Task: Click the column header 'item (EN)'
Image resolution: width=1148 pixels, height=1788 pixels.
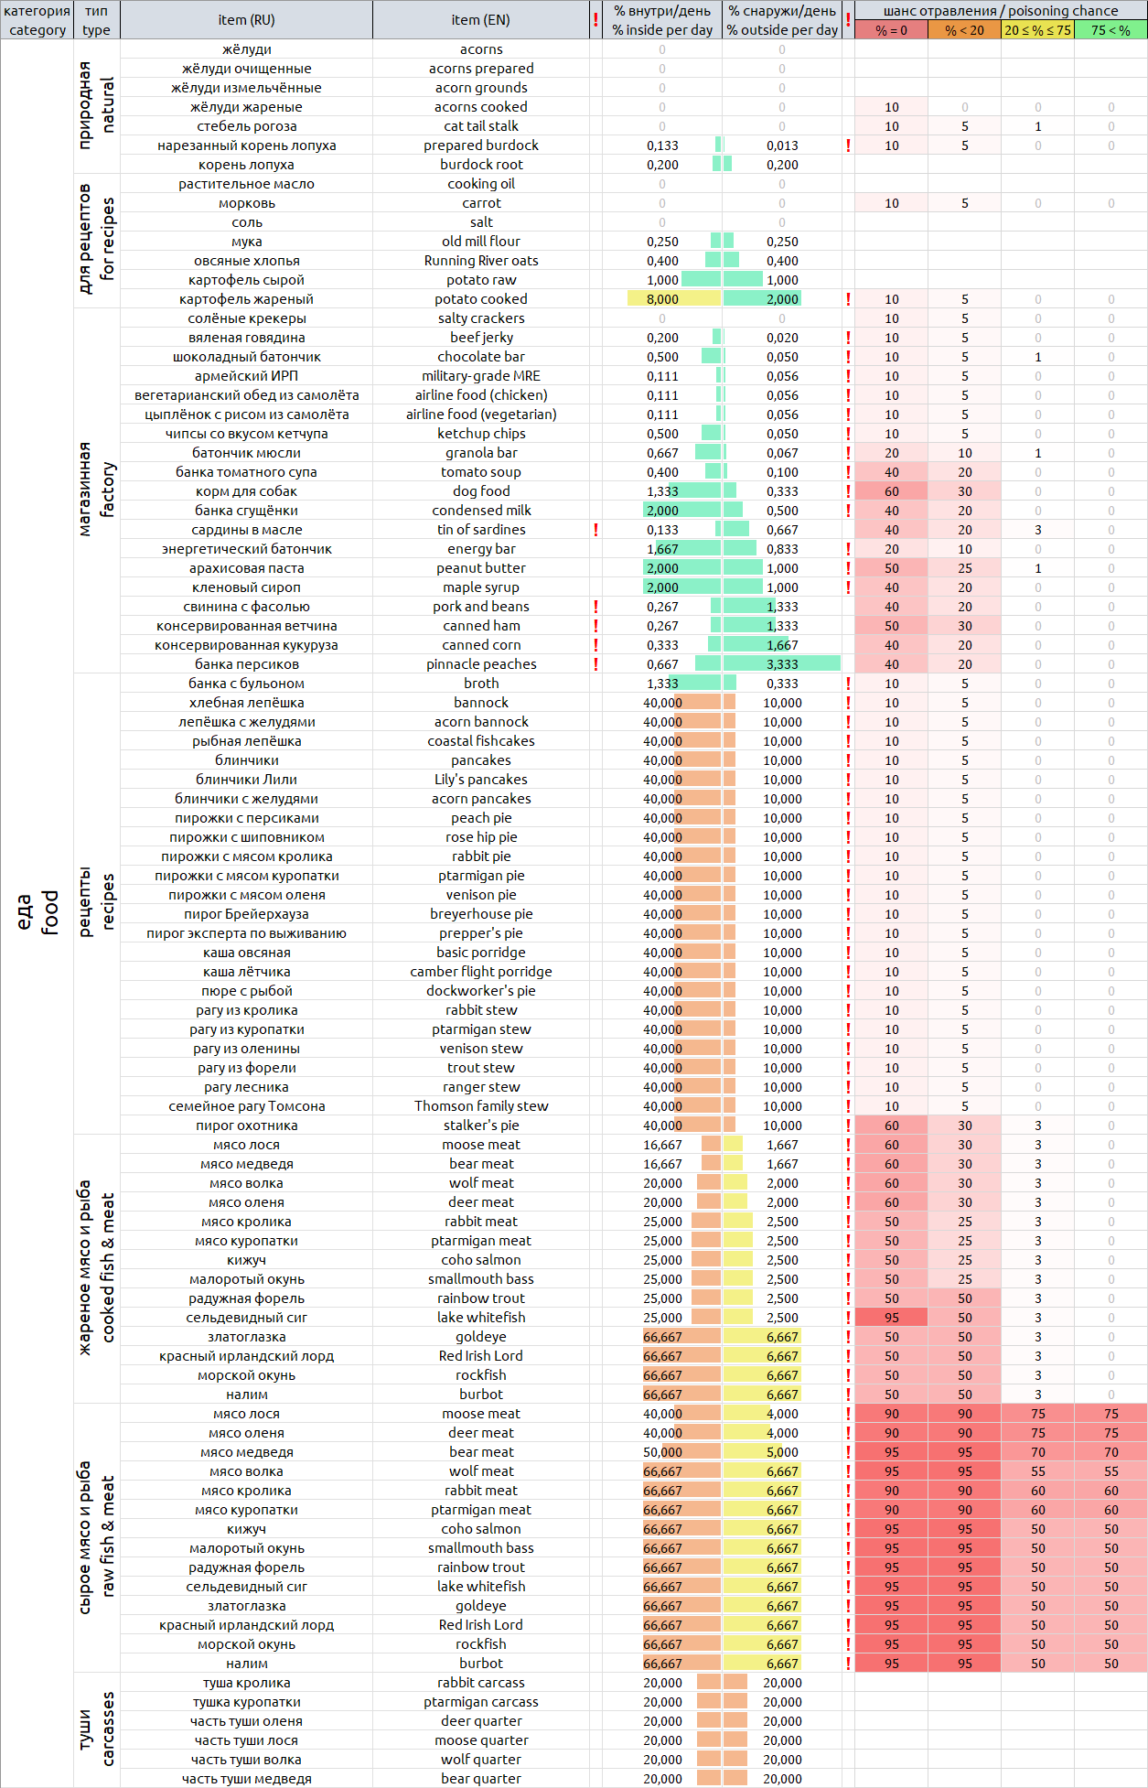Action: coord(481,20)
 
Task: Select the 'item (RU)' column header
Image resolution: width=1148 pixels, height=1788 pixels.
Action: coord(246,20)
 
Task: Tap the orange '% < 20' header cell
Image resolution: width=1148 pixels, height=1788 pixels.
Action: coord(964,30)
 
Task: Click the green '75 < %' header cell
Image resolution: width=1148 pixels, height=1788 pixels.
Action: coord(1110,30)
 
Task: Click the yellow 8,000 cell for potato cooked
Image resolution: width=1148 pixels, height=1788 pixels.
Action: coord(662,299)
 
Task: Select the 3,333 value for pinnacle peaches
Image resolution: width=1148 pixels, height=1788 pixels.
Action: coord(782,664)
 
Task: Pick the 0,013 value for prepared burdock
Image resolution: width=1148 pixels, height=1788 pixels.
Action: coord(782,145)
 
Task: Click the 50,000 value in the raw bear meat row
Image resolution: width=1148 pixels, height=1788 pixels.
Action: coord(662,1452)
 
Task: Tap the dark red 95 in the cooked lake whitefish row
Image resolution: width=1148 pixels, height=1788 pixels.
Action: coord(891,1318)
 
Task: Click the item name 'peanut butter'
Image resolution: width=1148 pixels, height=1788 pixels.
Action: coord(481,568)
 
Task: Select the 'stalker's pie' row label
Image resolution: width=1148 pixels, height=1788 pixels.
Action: coord(481,1126)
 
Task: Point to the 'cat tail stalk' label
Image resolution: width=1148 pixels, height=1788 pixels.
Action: coord(481,126)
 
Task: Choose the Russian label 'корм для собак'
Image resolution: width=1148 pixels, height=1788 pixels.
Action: coord(246,491)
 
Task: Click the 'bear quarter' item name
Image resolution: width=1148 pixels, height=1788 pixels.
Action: coord(481,1779)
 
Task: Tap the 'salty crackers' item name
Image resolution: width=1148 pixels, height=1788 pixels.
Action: coord(481,318)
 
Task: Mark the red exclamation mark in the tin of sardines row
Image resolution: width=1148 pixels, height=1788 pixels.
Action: coord(595,530)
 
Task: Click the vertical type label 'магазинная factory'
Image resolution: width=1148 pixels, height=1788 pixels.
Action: coord(96,490)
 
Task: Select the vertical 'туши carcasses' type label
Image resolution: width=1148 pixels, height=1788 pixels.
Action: coord(96,1729)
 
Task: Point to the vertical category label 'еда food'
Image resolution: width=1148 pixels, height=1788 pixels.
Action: coord(37,911)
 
